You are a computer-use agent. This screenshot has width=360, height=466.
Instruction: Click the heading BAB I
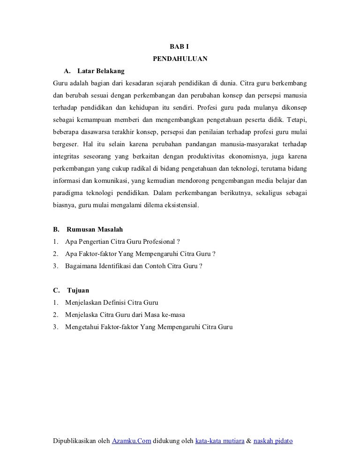tap(180, 47)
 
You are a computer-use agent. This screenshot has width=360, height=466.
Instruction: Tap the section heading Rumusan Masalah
tap(95, 230)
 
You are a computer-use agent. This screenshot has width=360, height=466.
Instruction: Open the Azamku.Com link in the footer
tap(131, 442)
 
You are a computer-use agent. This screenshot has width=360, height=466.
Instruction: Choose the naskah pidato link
tap(273, 442)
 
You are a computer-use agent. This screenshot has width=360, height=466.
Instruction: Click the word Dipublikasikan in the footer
tap(75, 442)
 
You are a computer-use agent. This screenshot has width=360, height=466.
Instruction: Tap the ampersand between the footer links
tap(249, 442)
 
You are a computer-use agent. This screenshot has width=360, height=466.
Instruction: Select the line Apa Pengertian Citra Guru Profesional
tap(123, 242)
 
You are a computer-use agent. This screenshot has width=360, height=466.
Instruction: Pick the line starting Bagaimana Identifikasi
tap(134, 266)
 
